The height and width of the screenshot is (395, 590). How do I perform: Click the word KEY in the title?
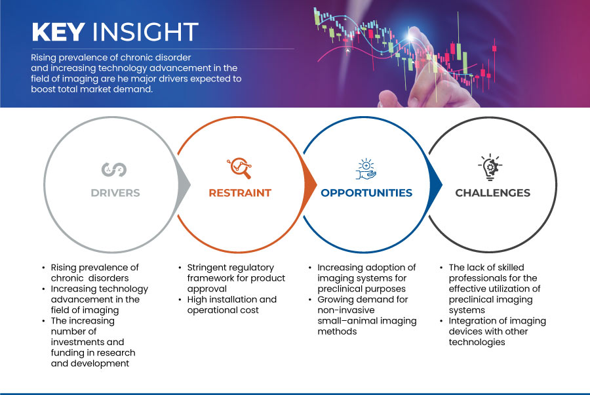click(58, 31)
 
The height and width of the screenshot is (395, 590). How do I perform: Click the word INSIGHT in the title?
click(146, 31)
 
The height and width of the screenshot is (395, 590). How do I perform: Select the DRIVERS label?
click(115, 193)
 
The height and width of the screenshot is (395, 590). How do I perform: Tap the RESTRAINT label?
click(240, 193)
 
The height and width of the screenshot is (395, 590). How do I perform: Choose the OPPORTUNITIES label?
click(366, 193)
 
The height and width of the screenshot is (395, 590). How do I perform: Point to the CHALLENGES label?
click(492, 193)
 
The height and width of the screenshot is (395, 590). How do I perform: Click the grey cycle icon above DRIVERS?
click(114, 169)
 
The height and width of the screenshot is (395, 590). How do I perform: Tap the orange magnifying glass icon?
click(239, 168)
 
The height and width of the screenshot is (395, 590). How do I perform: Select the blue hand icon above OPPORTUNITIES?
click(366, 169)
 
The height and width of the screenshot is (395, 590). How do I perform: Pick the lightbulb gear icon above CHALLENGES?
click(490, 167)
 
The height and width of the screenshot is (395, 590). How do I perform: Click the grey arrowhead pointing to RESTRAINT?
click(184, 184)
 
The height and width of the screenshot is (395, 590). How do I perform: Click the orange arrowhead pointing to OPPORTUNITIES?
click(310, 184)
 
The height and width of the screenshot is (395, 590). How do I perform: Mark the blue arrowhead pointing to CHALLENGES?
click(436, 184)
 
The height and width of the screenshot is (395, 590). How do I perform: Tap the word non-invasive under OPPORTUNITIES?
click(341, 310)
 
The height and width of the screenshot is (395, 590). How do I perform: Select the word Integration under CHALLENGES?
click(472, 322)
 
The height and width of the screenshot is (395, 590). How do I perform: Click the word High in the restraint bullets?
click(196, 300)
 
